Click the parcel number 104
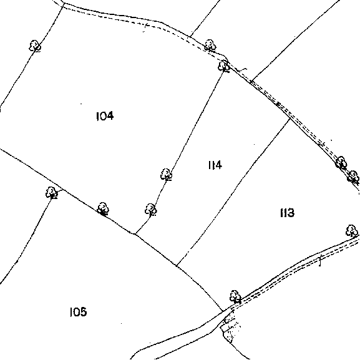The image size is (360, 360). [105, 116]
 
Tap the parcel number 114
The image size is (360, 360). [215, 165]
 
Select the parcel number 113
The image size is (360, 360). [287, 213]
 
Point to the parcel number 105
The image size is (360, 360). [78, 312]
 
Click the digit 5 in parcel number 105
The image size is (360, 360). [84, 312]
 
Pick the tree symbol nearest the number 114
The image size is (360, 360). [166, 175]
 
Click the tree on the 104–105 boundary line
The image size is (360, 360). [103, 208]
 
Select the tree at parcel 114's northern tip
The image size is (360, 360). [223, 66]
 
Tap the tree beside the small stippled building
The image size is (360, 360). [235, 296]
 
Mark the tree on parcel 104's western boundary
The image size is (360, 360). [35, 46]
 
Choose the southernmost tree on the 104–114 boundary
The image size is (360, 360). [150, 210]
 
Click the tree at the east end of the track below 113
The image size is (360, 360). [351, 231]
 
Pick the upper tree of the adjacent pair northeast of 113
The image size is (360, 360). [341, 163]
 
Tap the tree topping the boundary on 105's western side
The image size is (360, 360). [52, 192]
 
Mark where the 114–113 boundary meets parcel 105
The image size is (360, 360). [177, 266]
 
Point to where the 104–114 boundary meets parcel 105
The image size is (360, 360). [135, 234]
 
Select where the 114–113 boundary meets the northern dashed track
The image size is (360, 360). [290, 119]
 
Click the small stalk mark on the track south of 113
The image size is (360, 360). [320, 261]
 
